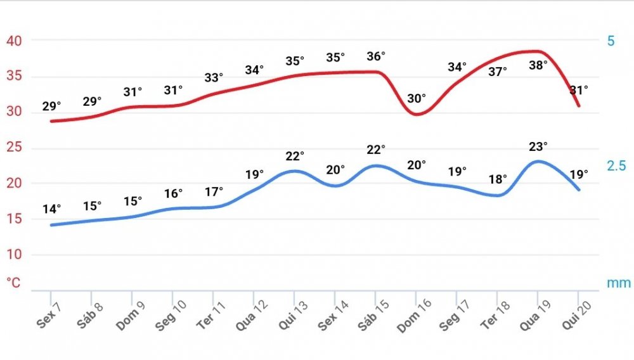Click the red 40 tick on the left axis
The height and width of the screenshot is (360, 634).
(14, 41)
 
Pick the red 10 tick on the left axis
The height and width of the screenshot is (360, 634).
(14, 255)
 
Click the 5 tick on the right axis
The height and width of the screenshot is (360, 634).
(611, 41)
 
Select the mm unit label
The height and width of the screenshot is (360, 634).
(619, 283)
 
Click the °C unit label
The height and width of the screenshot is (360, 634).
(14, 283)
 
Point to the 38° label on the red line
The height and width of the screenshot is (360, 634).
(538, 65)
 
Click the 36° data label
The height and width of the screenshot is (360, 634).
(376, 56)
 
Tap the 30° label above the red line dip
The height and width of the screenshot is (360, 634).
(417, 99)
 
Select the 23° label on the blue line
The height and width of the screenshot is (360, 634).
(538, 146)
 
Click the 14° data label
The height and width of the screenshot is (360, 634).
(52, 209)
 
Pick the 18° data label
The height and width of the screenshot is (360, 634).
(498, 179)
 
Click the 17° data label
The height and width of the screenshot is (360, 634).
(214, 191)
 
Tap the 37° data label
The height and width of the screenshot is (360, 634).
(498, 72)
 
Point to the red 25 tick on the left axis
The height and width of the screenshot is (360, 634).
(14, 148)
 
